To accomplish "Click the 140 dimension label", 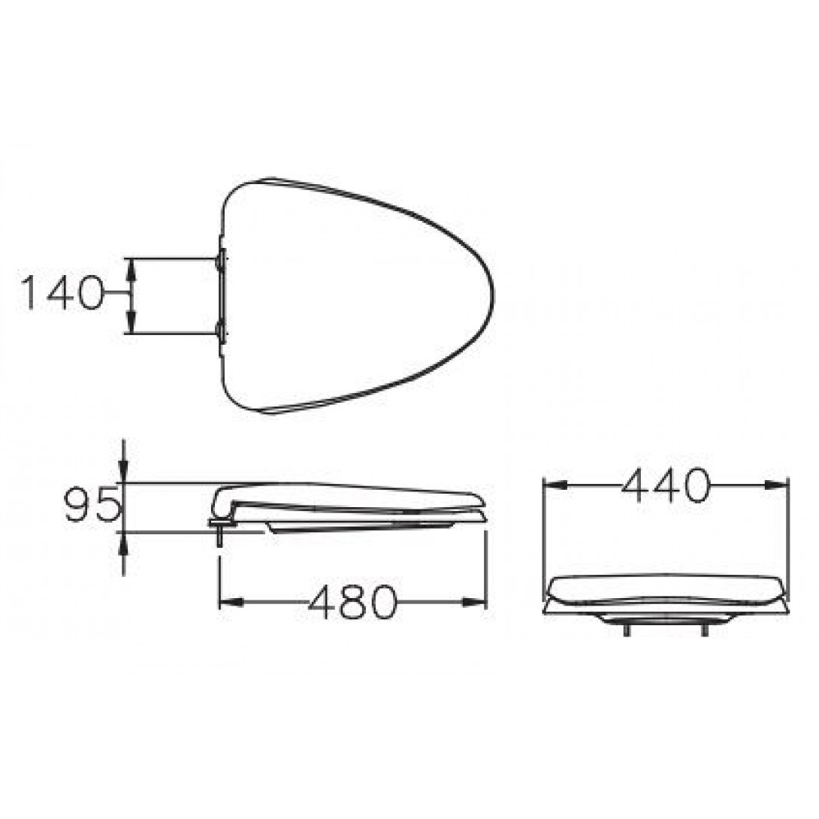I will point(62,293).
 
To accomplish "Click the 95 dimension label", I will point(92,505).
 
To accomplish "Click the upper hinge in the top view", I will point(219,260).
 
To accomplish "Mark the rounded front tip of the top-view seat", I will point(492,293).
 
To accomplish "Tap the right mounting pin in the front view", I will point(704,630).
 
